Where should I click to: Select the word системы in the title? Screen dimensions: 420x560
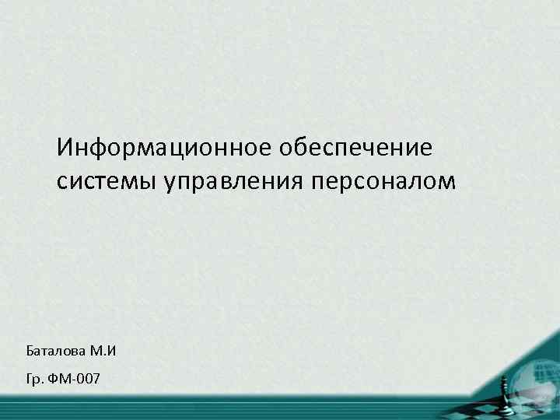(107, 181)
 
